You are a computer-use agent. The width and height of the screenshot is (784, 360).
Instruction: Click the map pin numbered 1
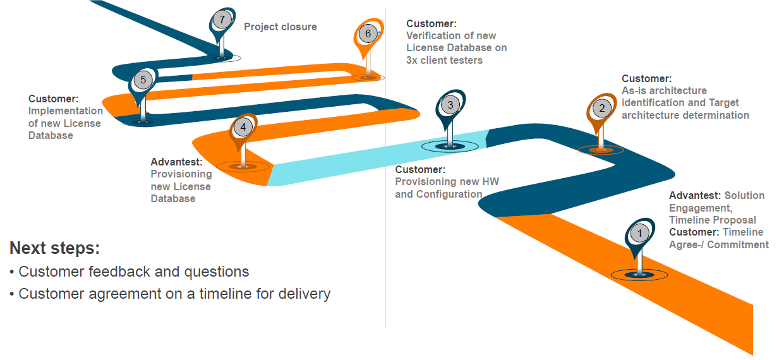tap(640, 234)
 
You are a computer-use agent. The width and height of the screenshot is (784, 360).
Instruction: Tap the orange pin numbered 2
tap(601, 109)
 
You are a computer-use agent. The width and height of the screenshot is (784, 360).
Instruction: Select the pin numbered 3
tap(450, 105)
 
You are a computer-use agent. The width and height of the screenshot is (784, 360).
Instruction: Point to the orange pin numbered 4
tap(243, 127)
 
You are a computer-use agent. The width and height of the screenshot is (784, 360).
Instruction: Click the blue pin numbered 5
tap(143, 80)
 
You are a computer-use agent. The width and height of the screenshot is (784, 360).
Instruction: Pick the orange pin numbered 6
tap(368, 33)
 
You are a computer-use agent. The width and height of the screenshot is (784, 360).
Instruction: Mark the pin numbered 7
tap(222, 20)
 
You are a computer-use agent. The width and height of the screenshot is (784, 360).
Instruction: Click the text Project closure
tap(280, 27)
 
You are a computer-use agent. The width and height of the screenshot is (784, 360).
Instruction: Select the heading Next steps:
tap(54, 248)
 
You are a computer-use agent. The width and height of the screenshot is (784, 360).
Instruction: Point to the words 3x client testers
tap(444, 61)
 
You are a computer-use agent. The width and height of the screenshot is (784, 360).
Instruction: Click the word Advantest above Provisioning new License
tap(176, 162)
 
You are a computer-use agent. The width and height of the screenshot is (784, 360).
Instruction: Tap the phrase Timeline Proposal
tap(712, 220)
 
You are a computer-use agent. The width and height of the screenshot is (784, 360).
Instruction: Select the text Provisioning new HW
tap(447, 182)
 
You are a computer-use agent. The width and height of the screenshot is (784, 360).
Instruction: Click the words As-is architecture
tap(664, 91)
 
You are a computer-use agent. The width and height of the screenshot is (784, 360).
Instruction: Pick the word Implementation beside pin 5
tap(66, 111)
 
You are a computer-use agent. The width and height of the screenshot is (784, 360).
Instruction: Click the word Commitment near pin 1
tap(737, 245)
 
